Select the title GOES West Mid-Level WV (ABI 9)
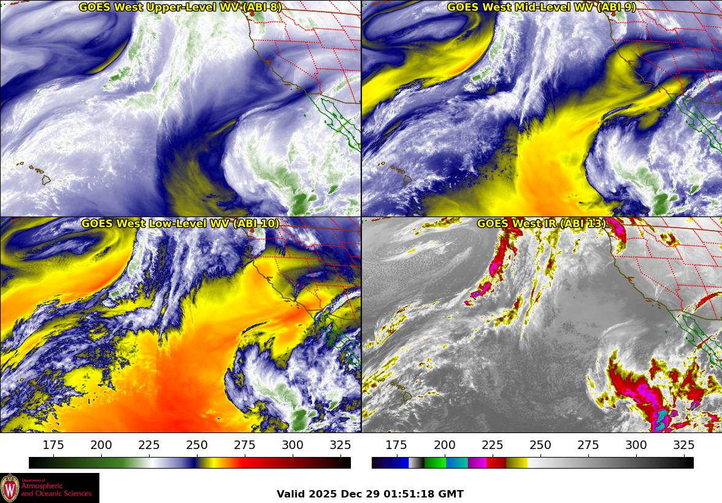pyautogui.click(x=542, y=7)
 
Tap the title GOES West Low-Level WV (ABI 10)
pyautogui.click(x=180, y=224)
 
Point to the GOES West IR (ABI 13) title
pyautogui.click(x=542, y=224)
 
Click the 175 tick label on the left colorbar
pyautogui.click(x=53, y=445)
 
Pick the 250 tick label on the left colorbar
pyautogui.click(x=197, y=445)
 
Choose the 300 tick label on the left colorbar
pyautogui.click(x=293, y=445)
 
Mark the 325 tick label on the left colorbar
pyautogui.click(x=340, y=445)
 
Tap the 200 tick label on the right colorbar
pyautogui.click(x=444, y=445)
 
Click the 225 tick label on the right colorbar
pyautogui.click(x=492, y=445)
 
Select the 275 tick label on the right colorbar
pyautogui.click(x=588, y=445)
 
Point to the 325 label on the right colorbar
pyautogui.click(x=683, y=445)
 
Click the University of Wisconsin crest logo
pyautogui.click(x=10, y=488)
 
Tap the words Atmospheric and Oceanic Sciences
pyautogui.click(x=56, y=489)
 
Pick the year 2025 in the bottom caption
pyautogui.click(x=323, y=494)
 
